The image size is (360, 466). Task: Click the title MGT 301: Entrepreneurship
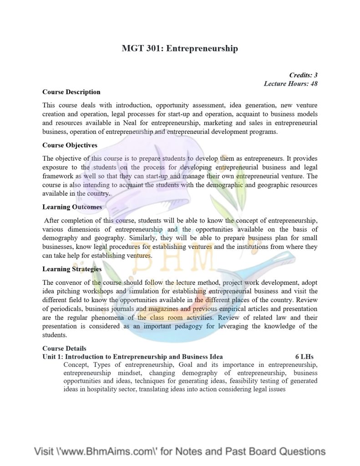(x=180, y=48)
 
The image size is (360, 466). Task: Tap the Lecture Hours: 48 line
(x=290, y=84)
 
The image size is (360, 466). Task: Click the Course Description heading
(x=71, y=92)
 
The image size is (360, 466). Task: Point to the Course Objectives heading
(x=70, y=145)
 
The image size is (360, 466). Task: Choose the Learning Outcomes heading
(x=72, y=207)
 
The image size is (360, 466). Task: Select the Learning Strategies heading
(x=72, y=269)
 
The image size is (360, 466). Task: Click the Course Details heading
(x=64, y=349)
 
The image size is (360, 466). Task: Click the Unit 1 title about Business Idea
(x=132, y=357)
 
